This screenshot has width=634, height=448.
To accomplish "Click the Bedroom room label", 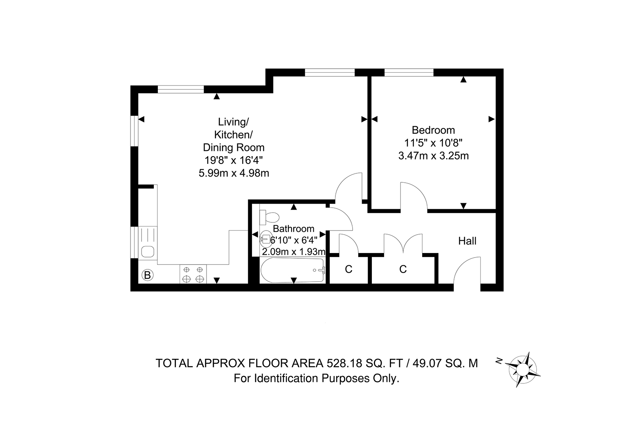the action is point(433,130).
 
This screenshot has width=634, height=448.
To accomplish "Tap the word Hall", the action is point(467,241).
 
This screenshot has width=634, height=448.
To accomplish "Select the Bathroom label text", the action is point(294,228).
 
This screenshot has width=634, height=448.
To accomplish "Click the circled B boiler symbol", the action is point(147,275).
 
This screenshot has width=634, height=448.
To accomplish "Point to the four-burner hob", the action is point(193,274).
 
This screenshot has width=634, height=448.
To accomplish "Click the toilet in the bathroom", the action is point(269,217).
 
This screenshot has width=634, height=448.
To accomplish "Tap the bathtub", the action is point(292,270).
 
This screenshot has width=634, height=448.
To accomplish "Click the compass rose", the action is point(522,369).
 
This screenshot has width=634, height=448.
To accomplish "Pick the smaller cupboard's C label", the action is point(348,269).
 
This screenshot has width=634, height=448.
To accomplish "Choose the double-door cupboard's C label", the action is point(403,269).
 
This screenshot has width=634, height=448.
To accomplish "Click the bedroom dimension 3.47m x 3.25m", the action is point(433,156).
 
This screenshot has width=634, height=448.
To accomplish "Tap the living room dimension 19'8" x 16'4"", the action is point(234,160).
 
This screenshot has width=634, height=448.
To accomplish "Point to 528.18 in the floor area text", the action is point(344,363).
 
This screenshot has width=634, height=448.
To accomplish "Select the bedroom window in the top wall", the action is point(409,72).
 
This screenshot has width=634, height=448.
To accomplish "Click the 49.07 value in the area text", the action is point(427,363).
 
